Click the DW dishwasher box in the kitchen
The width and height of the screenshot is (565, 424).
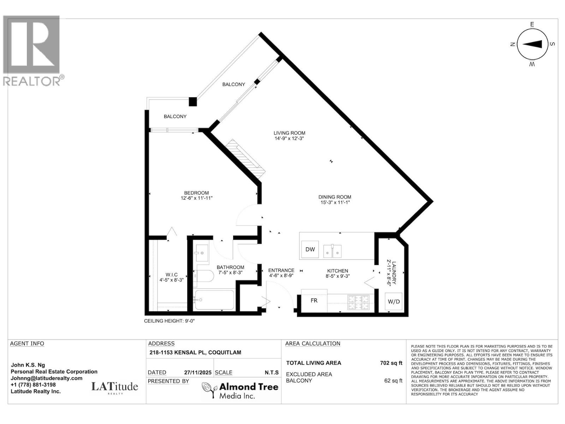(x=310, y=249)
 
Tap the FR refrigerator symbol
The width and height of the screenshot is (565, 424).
(x=314, y=300)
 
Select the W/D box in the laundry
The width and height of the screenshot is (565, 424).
(x=394, y=301)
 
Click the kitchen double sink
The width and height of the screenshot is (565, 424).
(x=333, y=251)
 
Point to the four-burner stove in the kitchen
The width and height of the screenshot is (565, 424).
(x=358, y=302)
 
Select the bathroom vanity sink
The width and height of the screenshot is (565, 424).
(x=202, y=253)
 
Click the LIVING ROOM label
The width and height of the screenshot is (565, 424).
(x=289, y=133)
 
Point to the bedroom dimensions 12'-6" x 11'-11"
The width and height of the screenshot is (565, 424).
(x=196, y=198)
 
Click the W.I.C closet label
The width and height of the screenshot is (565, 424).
(x=171, y=275)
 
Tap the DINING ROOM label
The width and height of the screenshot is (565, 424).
(x=335, y=197)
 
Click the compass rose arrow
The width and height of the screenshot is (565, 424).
(x=532, y=44)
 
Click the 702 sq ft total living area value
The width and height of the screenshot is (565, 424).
(x=391, y=363)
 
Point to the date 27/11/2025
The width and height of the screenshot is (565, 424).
(x=198, y=372)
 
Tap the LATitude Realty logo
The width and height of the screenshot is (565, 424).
(x=115, y=388)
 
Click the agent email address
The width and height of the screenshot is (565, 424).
(x=47, y=378)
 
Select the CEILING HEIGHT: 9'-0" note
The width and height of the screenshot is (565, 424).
(x=169, y=321)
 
